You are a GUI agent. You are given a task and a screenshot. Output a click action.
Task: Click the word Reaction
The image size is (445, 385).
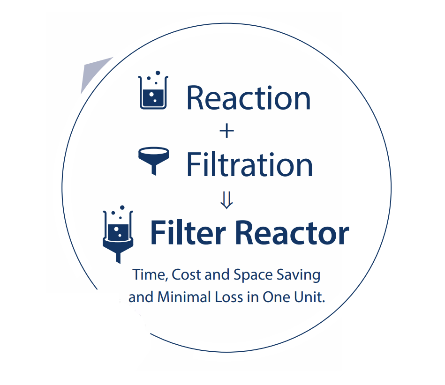tap(249, 98)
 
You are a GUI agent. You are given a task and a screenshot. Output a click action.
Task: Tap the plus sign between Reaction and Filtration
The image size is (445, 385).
tap(227, 131)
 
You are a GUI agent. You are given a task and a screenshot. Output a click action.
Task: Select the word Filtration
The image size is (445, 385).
tap(250, 164)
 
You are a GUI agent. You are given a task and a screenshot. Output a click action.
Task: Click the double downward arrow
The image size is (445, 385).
tap(226, 200)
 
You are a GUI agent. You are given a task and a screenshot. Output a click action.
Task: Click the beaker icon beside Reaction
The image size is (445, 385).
tap(153, 90)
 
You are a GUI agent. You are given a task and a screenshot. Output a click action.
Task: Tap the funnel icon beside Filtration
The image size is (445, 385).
tap(153, 161)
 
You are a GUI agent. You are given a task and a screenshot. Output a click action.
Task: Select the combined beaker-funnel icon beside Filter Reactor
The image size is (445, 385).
tap(118, 234)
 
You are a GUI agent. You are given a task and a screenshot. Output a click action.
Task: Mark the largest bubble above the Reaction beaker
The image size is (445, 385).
tap(158, 73)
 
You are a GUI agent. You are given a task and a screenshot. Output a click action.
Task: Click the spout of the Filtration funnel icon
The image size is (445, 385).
tap(154, 170)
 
